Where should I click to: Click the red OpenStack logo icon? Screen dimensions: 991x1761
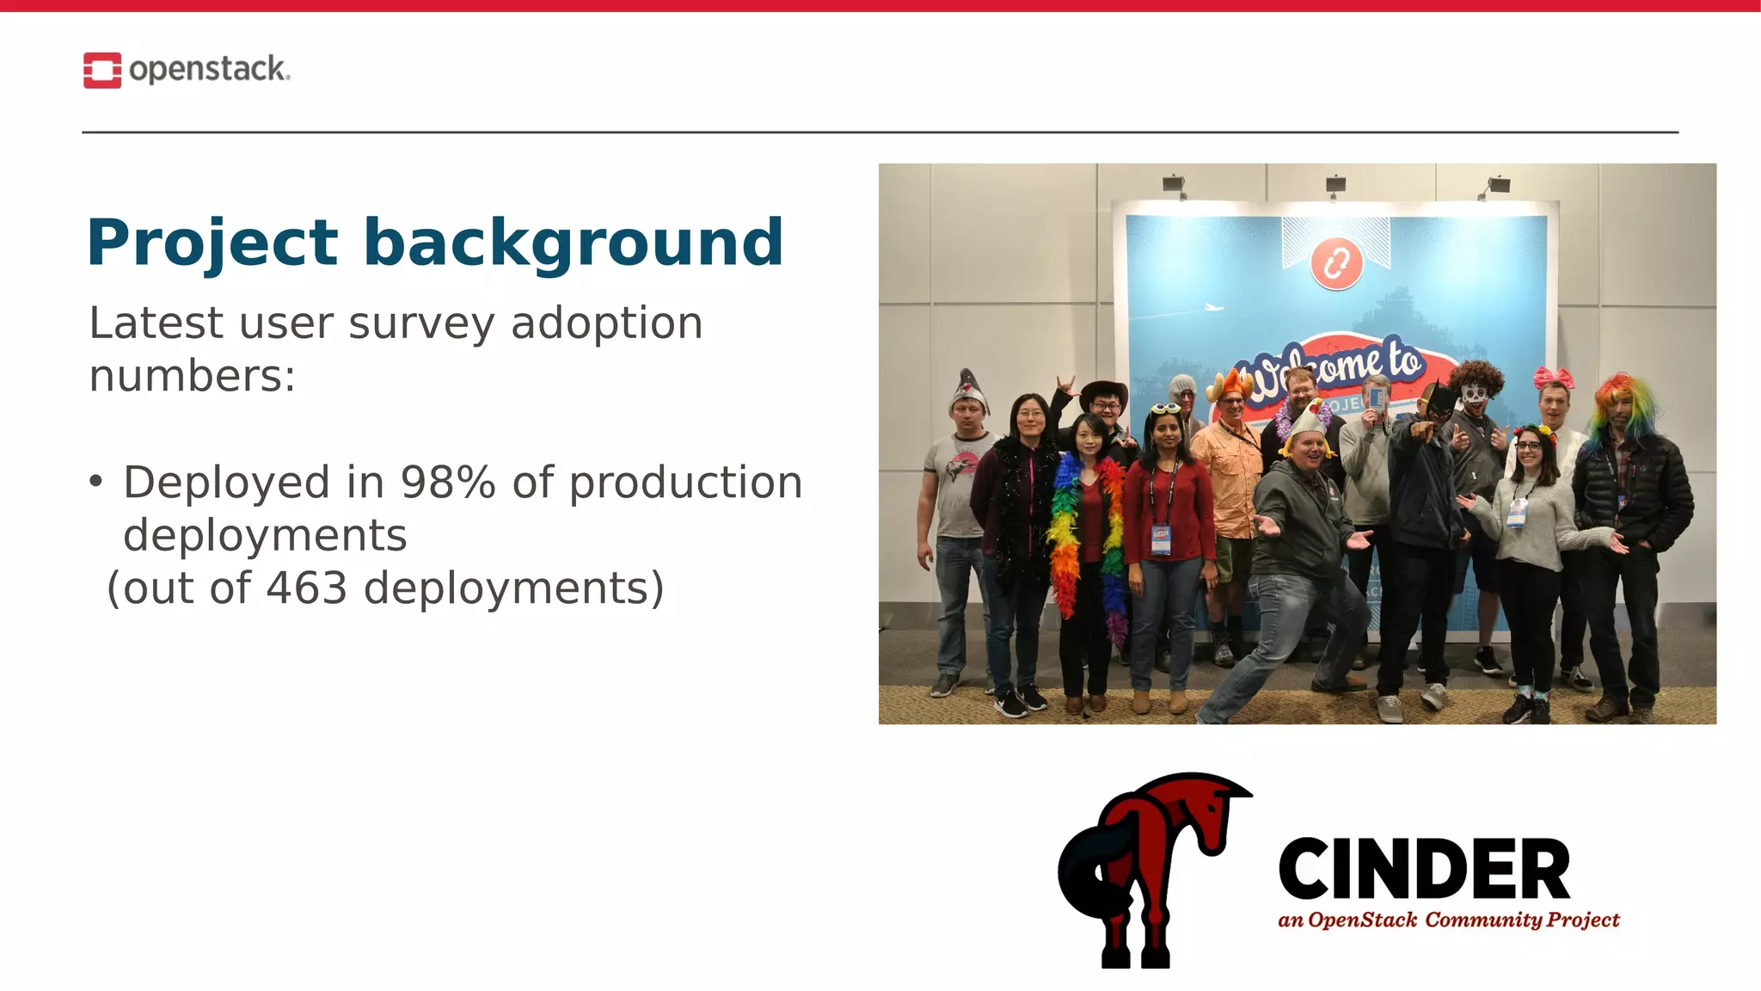(101, 71)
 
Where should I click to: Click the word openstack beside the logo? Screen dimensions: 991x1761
(208, 69)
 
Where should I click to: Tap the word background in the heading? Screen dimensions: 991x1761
(573, 243)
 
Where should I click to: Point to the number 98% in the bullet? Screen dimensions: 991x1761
(448, 483)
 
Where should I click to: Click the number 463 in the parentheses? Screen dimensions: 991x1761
(306, 588)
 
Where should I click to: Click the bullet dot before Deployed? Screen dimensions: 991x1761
(95, 481)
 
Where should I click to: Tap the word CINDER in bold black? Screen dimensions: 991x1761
(1423, 870)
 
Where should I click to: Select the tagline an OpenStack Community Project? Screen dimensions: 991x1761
(1448, 920)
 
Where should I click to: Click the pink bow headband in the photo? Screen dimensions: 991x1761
(1553, 378)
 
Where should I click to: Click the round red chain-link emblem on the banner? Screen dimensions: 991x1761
(1335, 263)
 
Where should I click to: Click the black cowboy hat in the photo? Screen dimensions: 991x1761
(1103, 391)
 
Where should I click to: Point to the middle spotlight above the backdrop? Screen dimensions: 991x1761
(1335, 184)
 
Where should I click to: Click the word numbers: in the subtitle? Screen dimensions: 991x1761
(193, 377)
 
